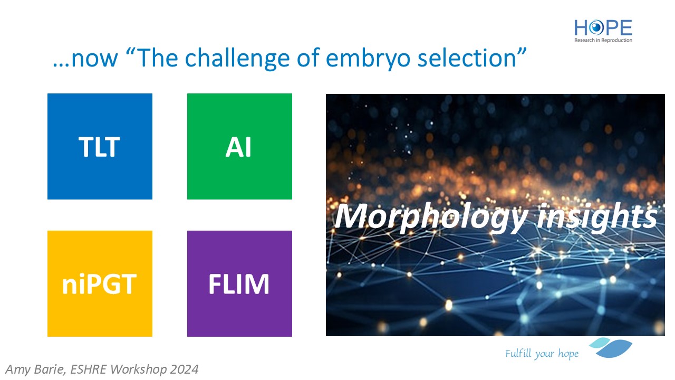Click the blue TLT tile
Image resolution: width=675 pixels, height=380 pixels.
[100, 146]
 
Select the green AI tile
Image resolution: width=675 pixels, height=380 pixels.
[239, 146]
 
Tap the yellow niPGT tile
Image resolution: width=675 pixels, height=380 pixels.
[100, 283]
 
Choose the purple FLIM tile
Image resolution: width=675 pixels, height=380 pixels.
[239, 283]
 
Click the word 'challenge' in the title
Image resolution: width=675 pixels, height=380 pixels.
[237, 59]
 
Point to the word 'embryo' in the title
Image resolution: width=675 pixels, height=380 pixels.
[368, 59]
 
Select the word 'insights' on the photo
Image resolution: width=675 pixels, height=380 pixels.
[596, 216]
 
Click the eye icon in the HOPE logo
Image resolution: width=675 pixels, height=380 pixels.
[596, 28]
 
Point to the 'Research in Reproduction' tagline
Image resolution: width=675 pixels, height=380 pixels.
[603, 40]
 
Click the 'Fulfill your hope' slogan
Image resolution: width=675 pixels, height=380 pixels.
[542, 354]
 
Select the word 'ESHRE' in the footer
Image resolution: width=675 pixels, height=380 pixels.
[88, 369]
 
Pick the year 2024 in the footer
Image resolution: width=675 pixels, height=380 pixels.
[184, 369]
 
